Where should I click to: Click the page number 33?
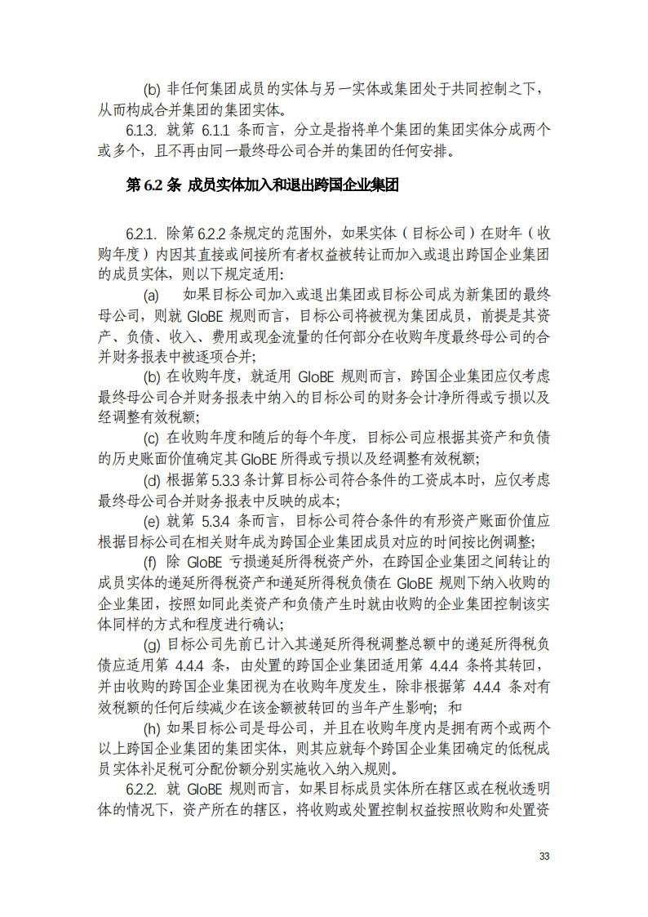pos(544,857)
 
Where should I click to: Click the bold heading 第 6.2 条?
pos(153,185)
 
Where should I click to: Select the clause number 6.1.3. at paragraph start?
pos(141,130)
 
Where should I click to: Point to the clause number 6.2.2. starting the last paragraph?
pos(141,788)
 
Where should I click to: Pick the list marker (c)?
pos(152,438)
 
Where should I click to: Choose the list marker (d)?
pos(152,479)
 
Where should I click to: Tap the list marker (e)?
pos(152,520)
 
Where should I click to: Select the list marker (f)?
pos(151,562)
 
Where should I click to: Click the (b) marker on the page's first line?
pos(152,88)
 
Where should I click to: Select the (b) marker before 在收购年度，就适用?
pos(152,376)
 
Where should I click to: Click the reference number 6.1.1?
pos(218,130)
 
